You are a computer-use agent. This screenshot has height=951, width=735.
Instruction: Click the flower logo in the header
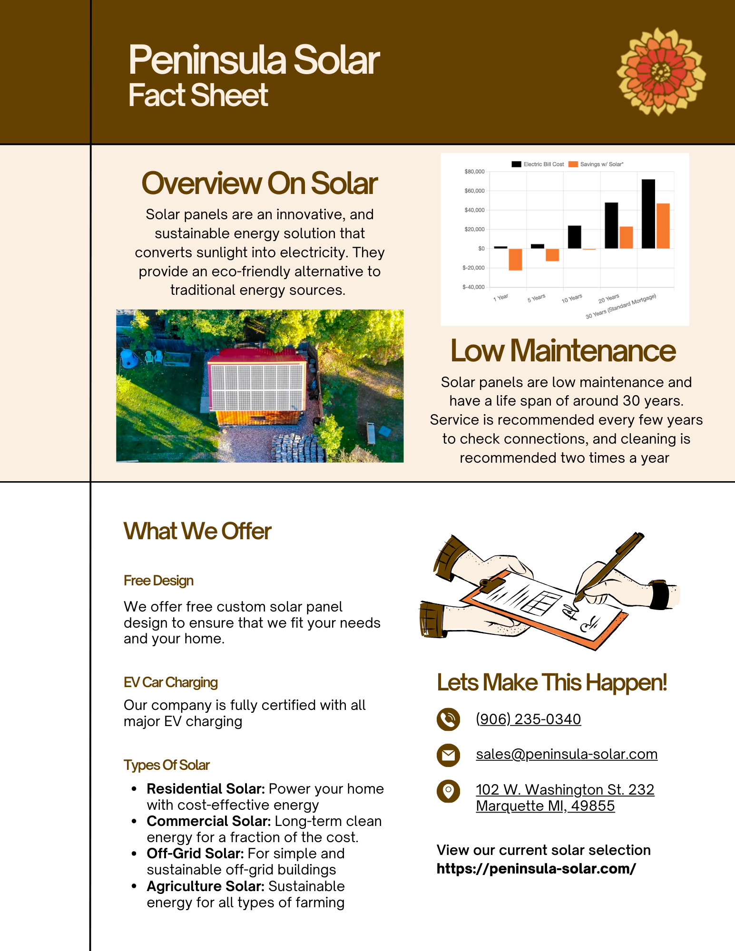tap(661, 72)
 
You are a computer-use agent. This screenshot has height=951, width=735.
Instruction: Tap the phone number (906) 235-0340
tap(528, 719)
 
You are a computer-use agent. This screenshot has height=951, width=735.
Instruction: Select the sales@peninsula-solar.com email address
tap(566, 754)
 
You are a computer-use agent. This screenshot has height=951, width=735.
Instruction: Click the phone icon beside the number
tap(448, 719)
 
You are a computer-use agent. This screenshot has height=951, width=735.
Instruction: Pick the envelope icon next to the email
tap(448, 755)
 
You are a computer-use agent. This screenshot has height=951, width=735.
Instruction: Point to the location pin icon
tap(448, 791)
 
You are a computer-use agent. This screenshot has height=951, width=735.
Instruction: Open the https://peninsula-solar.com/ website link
tap(536, 869)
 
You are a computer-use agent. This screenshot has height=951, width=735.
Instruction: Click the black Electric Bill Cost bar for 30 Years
tap(648, 213)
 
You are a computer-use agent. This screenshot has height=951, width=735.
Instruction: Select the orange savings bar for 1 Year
tap(515, 259)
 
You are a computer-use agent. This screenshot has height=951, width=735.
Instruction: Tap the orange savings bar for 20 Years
tap(626, 237)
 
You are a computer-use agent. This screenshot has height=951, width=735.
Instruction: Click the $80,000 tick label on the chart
tap(474, 172)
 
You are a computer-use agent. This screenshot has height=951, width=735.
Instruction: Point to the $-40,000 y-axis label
tap(473, 287)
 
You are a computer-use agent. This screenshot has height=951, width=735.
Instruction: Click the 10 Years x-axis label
tap(571, 299)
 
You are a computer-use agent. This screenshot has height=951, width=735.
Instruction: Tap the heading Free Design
tap(158, 581)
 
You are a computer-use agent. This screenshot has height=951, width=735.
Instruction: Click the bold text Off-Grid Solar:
tap(195, 854)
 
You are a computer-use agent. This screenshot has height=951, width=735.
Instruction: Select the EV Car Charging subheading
tap(170, 682)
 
